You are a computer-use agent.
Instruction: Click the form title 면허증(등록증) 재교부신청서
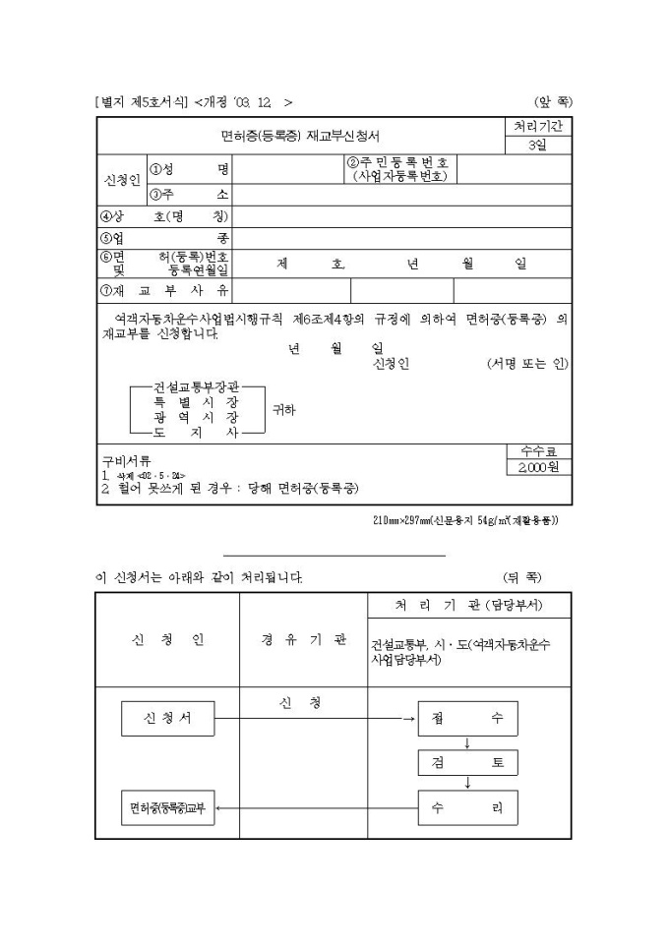point(300,136)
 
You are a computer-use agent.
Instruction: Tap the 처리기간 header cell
point(537,127)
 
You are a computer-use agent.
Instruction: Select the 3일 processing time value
point(537,146)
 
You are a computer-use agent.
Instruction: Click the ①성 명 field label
point(190,168)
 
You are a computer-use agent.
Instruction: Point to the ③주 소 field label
point(190,194)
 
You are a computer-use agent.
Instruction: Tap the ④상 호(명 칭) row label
point(164,216)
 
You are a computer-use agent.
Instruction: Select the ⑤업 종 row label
point(164,238)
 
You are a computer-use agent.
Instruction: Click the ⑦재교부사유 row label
point(164,290)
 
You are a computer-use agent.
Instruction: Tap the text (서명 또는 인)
point(527,364)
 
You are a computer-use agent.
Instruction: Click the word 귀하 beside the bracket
point(282,409)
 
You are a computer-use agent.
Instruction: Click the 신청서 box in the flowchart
point(168,718)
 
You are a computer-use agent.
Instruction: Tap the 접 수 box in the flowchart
point(467,718)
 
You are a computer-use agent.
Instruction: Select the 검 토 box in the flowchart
point(467,763)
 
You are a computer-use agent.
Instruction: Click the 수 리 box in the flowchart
point(467,808)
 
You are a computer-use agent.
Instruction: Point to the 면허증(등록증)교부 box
point(167,808)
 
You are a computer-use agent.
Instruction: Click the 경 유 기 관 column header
point(303,640)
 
